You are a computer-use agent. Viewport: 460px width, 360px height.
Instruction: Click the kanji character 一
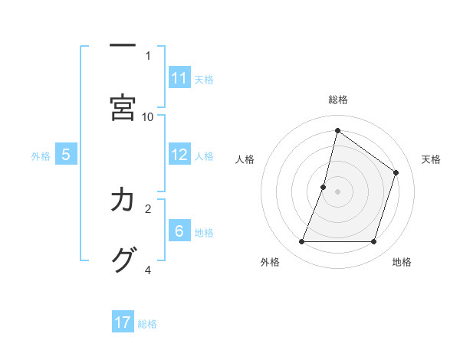123,46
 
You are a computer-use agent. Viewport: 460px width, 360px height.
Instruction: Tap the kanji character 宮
123,107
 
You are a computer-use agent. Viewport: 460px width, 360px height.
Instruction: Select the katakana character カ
123,200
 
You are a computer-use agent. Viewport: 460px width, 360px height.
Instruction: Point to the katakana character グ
123,260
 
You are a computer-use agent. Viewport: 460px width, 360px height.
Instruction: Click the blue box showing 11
179,78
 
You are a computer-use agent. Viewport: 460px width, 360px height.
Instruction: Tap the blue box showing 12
179,155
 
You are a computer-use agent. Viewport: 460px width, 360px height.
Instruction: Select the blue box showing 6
179,231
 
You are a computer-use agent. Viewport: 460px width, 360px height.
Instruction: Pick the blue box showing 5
66,155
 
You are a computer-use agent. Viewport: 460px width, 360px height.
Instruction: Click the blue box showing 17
123,322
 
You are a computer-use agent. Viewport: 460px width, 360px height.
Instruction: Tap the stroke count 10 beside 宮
148,116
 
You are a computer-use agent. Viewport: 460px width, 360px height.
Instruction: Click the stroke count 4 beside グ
148,270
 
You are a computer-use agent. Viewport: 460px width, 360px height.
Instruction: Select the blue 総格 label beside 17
147,323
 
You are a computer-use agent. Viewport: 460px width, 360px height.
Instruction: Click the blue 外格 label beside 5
41,155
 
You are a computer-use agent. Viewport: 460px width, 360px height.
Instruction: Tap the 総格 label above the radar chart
338,100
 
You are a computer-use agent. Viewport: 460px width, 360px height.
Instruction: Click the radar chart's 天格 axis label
431,159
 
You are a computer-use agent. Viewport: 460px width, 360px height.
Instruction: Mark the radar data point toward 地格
373,242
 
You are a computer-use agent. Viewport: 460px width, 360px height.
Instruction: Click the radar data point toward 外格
302,242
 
